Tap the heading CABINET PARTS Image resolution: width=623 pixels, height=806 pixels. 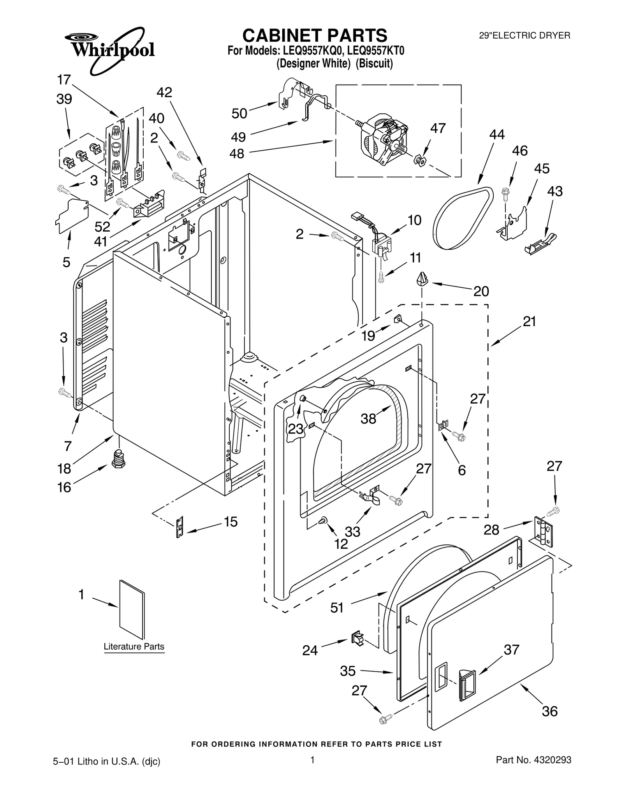coord(315,35)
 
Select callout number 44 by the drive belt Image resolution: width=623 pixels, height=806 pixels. coord(497,135)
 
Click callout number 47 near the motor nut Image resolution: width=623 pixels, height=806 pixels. coord(438,128)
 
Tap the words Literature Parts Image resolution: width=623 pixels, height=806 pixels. coord(134,646)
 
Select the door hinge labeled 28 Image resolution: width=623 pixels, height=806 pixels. coord(543,532)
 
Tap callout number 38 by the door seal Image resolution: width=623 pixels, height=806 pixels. coord(368,419)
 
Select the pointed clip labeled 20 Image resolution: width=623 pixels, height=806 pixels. coord(422,279)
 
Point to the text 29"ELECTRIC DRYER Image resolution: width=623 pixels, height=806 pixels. coord(524,36)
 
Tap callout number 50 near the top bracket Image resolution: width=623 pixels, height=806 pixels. coord(239,114)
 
